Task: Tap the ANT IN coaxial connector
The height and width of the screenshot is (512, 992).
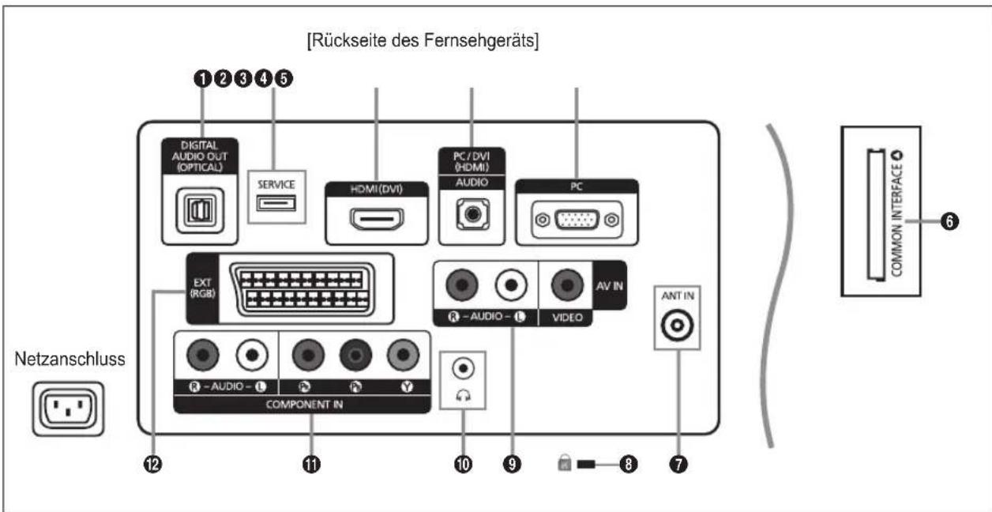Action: (x=678, y=325)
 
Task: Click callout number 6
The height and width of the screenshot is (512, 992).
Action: (x=953, y=222)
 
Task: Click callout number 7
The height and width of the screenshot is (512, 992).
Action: (x=677, y=465)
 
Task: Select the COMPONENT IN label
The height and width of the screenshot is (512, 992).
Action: (x=302, y=401)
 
